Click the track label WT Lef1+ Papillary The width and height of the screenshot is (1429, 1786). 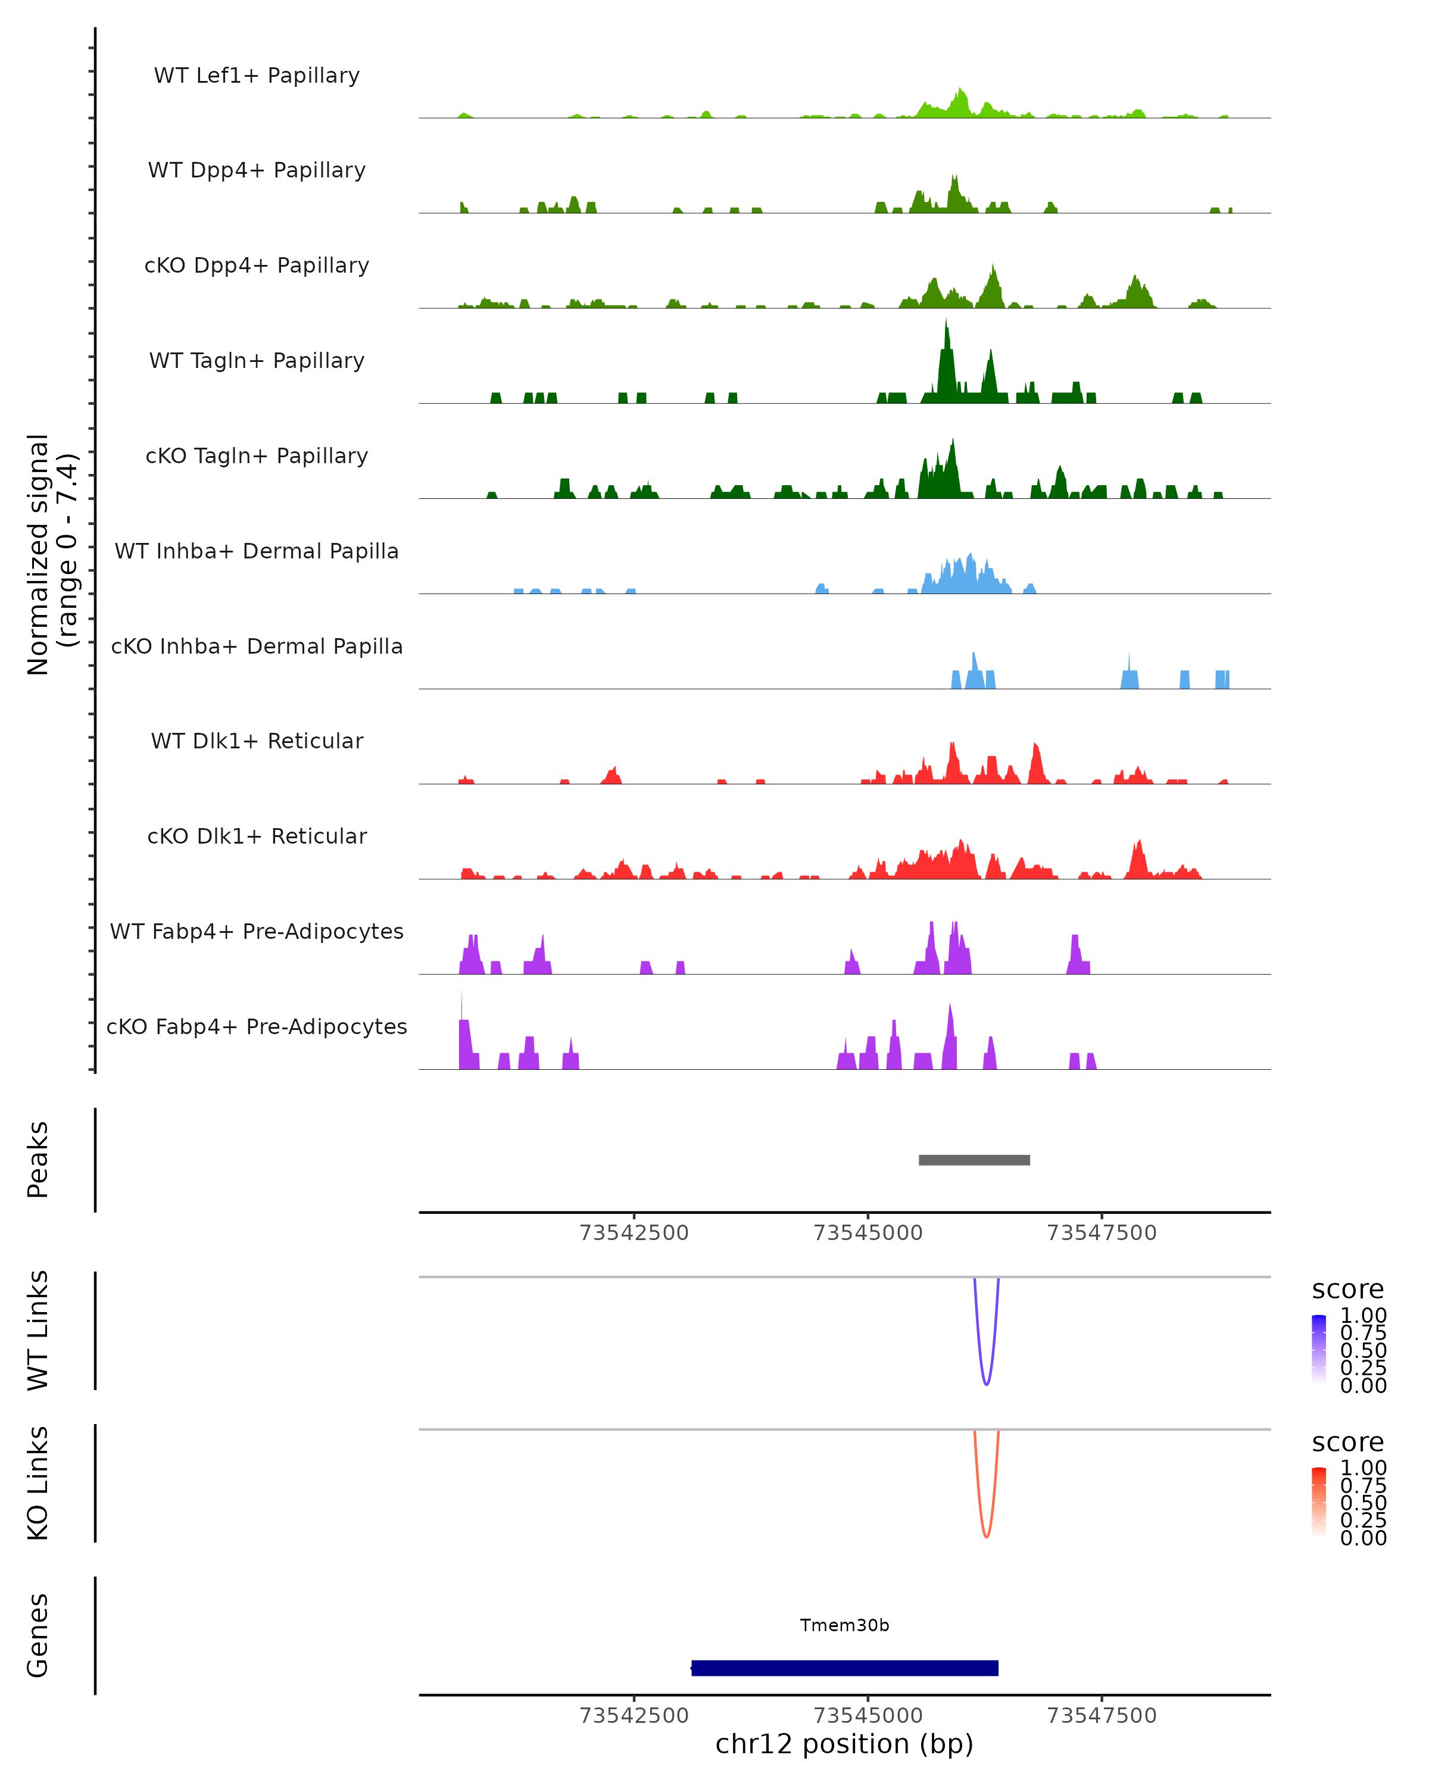pos(257,76)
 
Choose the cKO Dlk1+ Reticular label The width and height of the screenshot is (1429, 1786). pos(257,836)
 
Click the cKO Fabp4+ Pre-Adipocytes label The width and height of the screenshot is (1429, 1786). pos(257,1026)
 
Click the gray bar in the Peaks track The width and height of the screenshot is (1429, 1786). pos(974,1160)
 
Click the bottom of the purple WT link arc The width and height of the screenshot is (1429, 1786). pos(986,1384)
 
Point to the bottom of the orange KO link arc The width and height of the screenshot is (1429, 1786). pos(986,1537)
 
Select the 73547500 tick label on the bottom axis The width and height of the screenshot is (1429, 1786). pos(1102,1716)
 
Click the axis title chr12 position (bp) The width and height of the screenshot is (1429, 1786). pos(844,1744)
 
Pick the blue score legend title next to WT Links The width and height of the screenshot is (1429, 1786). pos(1348,1290)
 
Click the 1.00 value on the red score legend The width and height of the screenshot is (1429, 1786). pos(1364,1468)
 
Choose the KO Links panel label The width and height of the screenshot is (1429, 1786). pos(38,1484)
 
